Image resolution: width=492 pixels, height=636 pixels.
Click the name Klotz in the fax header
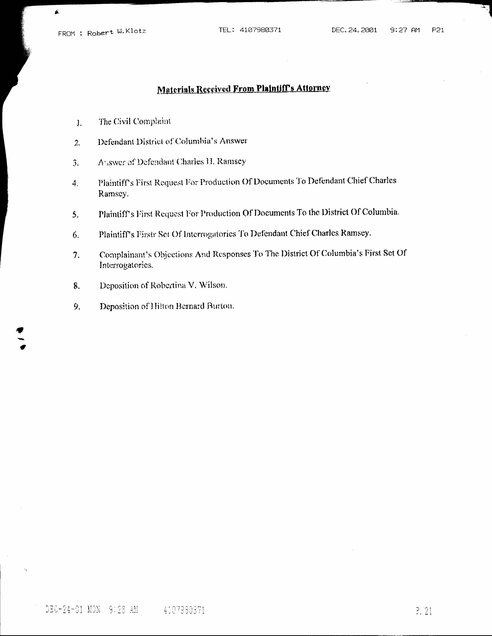coord(136,31)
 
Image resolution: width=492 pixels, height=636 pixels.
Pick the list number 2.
coord(77,143)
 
